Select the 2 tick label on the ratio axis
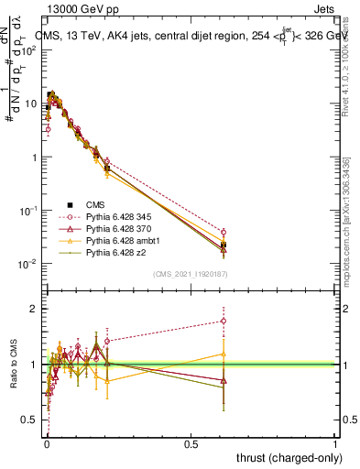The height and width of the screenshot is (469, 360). [33, 309]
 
